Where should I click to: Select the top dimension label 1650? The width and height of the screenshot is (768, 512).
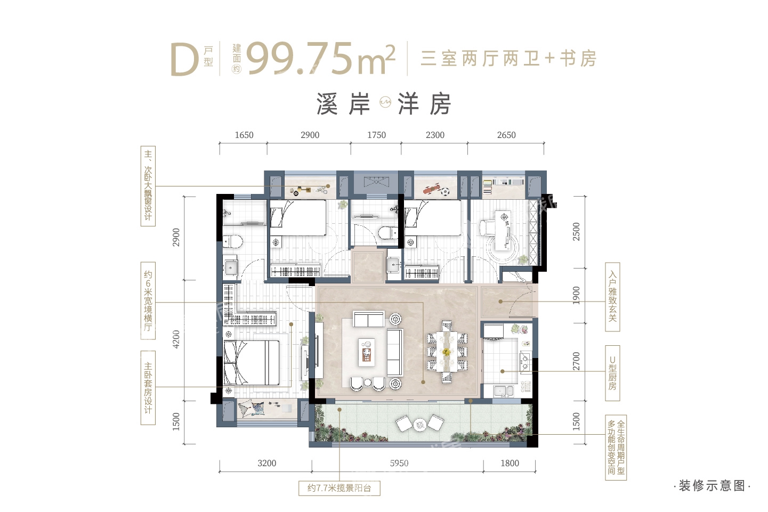click(x=244, y=135)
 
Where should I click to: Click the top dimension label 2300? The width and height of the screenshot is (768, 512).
click(x=435, y=135)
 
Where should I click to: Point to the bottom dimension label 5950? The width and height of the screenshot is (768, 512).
click(x=399, y=464)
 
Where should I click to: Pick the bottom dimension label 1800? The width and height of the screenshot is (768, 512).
click(x=510, y=464)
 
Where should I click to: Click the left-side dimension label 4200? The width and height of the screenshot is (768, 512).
click(x=176, y=339)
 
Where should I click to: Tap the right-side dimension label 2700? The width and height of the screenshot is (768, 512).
click(x=576, y=361)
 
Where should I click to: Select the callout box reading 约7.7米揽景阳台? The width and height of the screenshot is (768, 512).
click(x=339, y=488)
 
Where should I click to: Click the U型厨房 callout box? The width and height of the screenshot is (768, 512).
click(x=612, y=373)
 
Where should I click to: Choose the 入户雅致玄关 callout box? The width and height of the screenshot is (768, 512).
click(x=612, y=297)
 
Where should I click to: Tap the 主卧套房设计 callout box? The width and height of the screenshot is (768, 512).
click(x=148, y=388)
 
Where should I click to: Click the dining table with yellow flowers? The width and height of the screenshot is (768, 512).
click(x=446, y=352)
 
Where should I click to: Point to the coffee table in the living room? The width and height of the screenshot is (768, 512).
click(x=367, y=352)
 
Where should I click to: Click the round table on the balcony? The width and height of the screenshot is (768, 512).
click(x=419, y=425)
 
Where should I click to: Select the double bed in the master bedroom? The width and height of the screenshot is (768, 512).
click(x=252, y=363)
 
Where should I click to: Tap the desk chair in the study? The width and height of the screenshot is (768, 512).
click(x=487, y=228)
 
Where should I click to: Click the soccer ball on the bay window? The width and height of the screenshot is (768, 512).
click(x=444, y=192)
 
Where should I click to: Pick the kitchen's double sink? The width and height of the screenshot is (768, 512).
click(x=504, y=391)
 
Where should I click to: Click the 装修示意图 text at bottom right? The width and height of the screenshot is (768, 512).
click(x=712, y=485)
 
